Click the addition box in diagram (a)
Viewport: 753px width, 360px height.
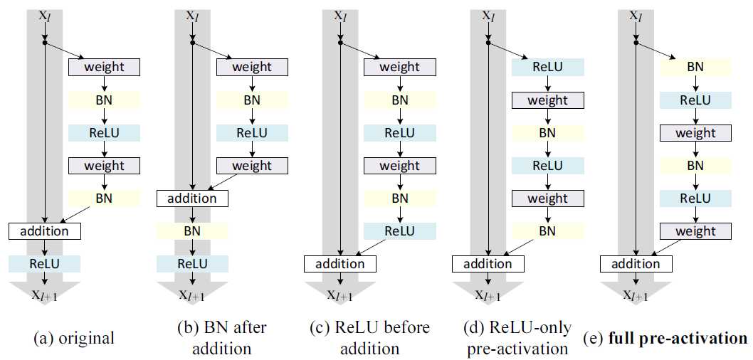pos(45,231)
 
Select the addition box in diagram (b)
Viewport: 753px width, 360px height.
pos(193,198)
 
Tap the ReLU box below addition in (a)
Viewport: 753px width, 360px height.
pos(45,264)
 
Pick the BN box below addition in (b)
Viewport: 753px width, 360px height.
pos(192,231)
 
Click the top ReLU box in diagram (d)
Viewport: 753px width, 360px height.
pos(547,68)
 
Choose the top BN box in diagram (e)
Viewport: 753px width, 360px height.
pos(695,68)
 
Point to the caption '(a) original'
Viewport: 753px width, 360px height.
pos(73,338)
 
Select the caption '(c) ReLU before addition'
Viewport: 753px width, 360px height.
pos(369,338)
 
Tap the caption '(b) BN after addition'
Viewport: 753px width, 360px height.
pos(221,338)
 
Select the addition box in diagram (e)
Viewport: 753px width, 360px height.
pos(636,264)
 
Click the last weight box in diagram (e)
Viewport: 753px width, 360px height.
pos(695,231)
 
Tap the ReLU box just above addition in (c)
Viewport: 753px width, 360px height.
pos(399,231)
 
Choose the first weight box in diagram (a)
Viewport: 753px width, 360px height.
pos(104,68)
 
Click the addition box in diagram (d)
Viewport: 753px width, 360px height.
pos(488,264)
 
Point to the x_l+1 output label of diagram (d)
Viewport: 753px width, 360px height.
pos(487,296)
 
